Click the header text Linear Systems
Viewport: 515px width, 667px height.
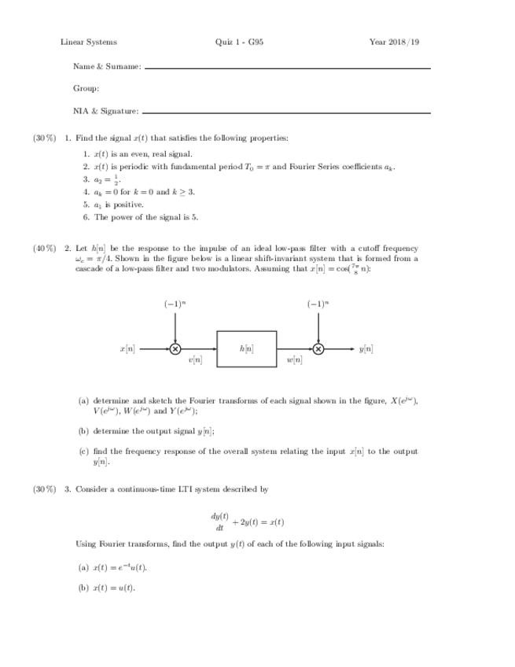(89, 42)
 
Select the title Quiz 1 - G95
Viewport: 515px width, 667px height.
(239, 42)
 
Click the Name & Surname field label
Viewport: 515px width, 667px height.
(107, 67)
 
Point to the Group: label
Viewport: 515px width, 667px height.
(86, 89)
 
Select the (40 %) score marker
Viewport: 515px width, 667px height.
(44, 249)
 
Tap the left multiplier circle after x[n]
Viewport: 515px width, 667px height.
(175, 348)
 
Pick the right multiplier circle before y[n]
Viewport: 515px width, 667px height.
(318, 348)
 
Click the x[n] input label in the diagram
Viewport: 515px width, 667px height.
(127, 348)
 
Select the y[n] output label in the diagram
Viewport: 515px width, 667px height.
(366, 348)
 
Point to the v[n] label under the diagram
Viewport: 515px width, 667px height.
(195, 360)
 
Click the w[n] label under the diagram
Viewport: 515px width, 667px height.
(295, 360)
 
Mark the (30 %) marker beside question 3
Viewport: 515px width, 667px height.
(44, 489)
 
